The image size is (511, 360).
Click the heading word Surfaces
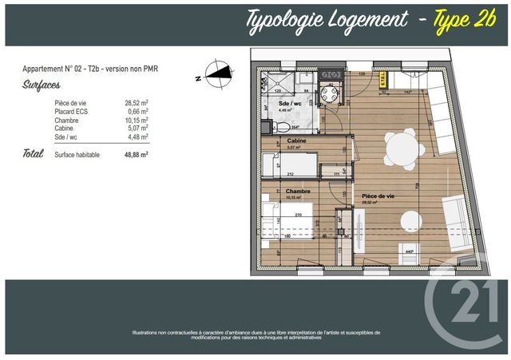coord(39,81)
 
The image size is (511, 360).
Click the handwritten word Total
coord(33,153)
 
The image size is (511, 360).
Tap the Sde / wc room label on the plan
coord(288,104)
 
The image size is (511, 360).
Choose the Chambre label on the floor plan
coord(296,191)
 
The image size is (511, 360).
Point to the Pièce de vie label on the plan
coord(378,196)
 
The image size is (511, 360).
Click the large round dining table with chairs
coord(398,147)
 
